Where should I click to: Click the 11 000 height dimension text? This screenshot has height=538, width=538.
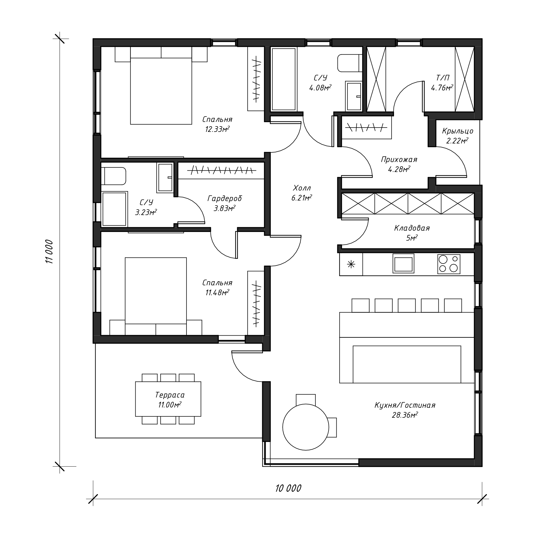49,251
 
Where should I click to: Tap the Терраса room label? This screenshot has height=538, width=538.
170,395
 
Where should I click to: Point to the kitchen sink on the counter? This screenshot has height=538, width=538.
403,263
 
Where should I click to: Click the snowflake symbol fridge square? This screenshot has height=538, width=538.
351,264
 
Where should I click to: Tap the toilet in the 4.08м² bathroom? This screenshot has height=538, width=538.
350,63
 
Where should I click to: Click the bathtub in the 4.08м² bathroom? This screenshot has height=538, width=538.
283,79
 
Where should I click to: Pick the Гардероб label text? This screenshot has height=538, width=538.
224,199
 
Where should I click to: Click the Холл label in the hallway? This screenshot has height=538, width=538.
302,188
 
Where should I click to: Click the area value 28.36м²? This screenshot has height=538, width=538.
405,415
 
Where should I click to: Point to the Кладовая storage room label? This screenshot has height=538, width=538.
412,228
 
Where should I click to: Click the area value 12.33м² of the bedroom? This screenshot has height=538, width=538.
217,129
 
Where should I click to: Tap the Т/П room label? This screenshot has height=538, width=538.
442,78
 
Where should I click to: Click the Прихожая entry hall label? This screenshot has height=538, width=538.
399,160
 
